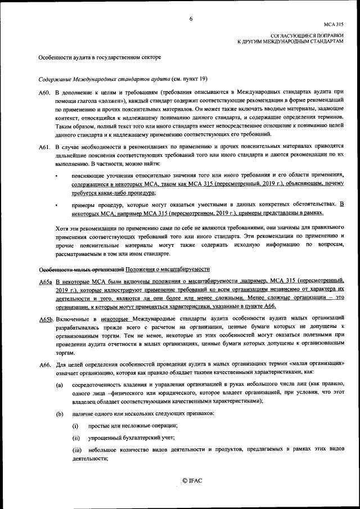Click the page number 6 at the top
click(x=191, y=19)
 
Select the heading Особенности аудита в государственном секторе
click(x=100, y=58)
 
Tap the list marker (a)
click(x=58, y=384)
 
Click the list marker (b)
click(x=58, y=415)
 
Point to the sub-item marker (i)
click(x=75, y=426)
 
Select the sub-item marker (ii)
click(x=75, y=438)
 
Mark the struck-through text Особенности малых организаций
click(x=81, y=268)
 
